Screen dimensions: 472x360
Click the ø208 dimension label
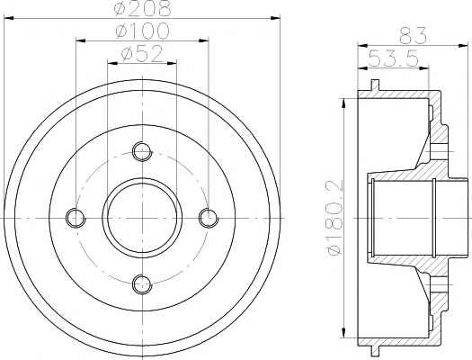(142, 8)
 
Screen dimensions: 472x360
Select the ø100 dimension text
(142, 31)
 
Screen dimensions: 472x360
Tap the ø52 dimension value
(142, 54)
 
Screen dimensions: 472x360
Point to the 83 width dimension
(413, 35)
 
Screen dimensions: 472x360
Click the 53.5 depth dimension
(393, 58)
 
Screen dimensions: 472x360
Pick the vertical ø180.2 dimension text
(334, 218)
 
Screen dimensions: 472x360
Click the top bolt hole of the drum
(142, 151)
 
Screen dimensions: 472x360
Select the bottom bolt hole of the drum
(142, 284)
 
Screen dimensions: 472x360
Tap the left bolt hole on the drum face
(76, 218)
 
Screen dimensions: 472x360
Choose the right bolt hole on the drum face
(209, 218)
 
